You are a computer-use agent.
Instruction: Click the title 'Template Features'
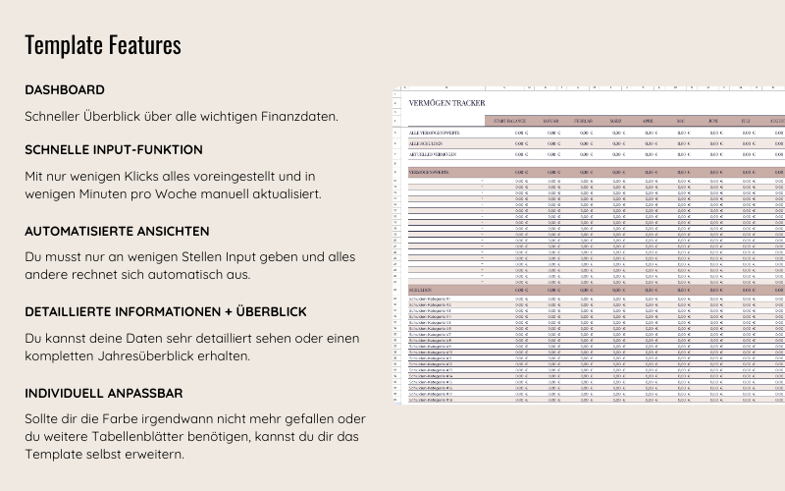pyautogui.click(x=103, y=45)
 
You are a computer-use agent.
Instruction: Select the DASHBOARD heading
pyautogui.click(x=65, y=89)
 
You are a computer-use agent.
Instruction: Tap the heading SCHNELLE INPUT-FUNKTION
pyautogui.click(x=114, y=149)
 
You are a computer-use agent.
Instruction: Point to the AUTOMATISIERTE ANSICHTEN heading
pyautogui.click(x=117, y=231)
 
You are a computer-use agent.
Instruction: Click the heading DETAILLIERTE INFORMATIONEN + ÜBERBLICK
pyautogui.click(x=166, y=311)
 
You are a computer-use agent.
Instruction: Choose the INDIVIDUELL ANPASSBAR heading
pyautogui.click(x=104, y=393)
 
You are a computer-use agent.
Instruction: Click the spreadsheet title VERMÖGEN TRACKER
pyautogui.click(x=446, y=103)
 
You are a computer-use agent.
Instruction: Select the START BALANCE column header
pyautogui.click(x=509, y=121)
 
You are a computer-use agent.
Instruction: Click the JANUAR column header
pyautogui.click(x=551, y=121)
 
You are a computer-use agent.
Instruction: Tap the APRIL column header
pyautogui.click(x=649, y=121)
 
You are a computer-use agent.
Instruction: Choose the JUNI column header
pyautogui.click(x=713, y=121)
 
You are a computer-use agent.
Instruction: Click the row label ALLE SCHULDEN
pyautogui.click(x=426, y=143)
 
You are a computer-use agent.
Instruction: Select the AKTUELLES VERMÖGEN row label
pyautogui.click(x=433, y=154)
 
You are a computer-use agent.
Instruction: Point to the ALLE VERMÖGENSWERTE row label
pyautogui.click(x=435, y=132)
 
